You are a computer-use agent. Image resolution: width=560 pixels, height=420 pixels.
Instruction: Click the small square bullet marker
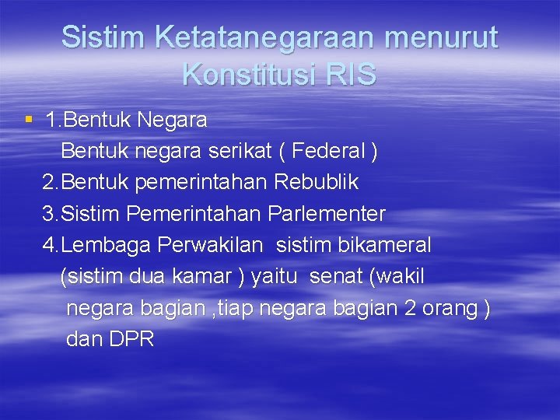29,120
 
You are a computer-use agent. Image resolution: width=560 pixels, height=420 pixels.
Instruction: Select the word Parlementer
327,213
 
